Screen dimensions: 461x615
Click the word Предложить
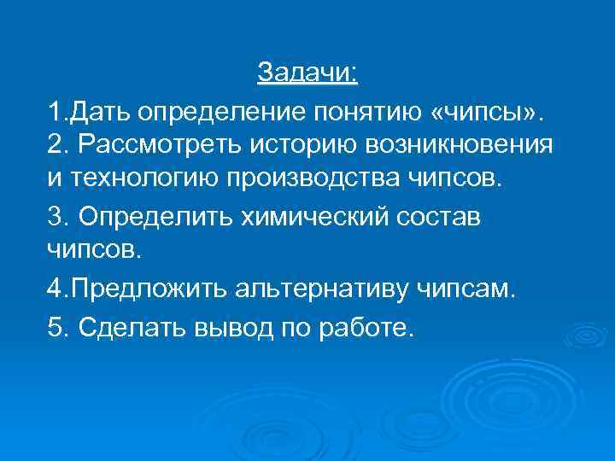[x=147, y=290]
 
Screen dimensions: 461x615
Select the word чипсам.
[x=467, y=290]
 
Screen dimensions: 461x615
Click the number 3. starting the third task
[x=59, y=218]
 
